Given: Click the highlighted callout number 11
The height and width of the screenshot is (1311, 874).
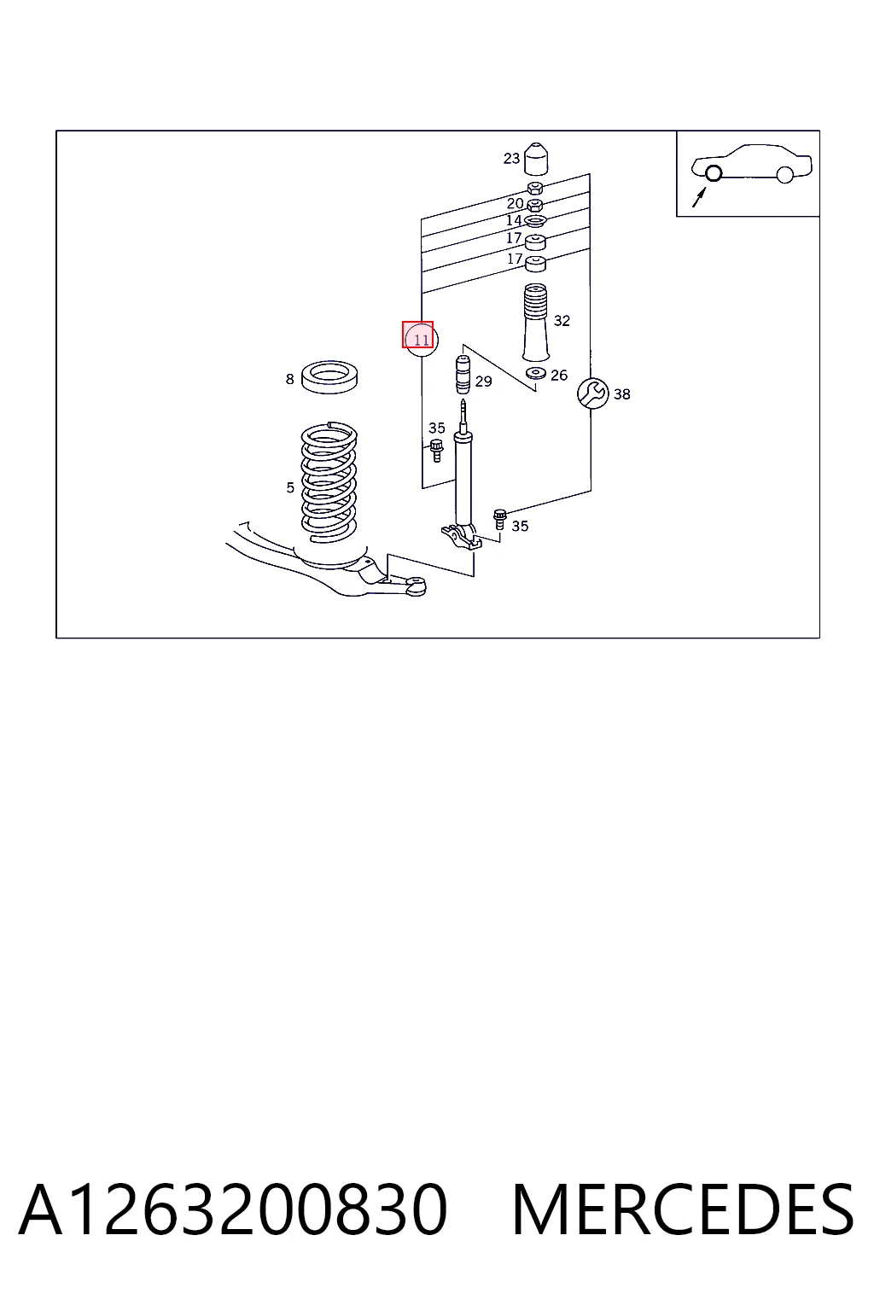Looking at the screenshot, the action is pos(421,340).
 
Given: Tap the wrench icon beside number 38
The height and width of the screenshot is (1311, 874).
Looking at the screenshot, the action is pos(592,393).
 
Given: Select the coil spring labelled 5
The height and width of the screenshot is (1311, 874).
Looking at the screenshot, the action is pos(329,481).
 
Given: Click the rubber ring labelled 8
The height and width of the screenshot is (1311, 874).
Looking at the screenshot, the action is pos(329,377).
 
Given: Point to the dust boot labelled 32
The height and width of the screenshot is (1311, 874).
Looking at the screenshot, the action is pos(536,323).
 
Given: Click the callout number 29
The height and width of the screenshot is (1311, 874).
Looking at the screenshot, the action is pos(484,382).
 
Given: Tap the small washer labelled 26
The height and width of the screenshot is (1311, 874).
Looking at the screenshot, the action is pos(536,373).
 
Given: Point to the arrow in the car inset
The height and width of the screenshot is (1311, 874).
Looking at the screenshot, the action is pos(699,197).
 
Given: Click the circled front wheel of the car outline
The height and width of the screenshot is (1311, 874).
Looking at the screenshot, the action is pos(713,173).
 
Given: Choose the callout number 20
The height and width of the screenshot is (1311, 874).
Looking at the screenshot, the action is pos(516,203).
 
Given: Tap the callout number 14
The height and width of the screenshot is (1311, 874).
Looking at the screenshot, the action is pos(514,220).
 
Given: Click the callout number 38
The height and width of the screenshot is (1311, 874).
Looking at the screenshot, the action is pos(621,394).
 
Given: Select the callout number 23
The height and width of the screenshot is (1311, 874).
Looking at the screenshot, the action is pos(511,158).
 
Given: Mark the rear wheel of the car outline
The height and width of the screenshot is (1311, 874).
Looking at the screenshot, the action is pos(784,174).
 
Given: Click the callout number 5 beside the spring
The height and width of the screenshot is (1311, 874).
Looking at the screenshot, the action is pos(290,487).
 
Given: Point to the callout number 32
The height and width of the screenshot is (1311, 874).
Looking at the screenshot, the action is pos(562,321).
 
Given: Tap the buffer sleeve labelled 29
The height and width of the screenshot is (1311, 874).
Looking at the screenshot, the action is pos(463,376).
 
